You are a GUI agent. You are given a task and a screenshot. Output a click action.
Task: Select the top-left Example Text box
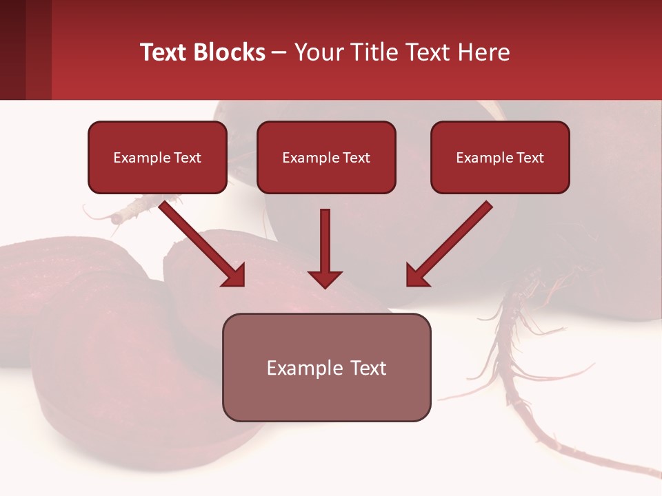(x=157, y=157)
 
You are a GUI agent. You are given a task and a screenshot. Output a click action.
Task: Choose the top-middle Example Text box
(x=326, y=157)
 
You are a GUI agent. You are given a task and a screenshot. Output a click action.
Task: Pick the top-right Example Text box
(x=500, y=157)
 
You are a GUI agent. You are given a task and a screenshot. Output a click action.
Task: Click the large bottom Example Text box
(x=326, y=367)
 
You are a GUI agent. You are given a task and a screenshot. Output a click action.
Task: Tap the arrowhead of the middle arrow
(x=325, y=278)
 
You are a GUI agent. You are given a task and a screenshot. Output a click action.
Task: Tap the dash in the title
(x=279, y=53)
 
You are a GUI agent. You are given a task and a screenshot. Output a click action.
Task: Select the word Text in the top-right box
(x=530, y=158)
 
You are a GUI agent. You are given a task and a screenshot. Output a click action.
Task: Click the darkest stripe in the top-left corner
(x=12, y=50)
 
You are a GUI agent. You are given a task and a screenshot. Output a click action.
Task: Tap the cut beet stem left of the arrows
(x=131, y=211)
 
